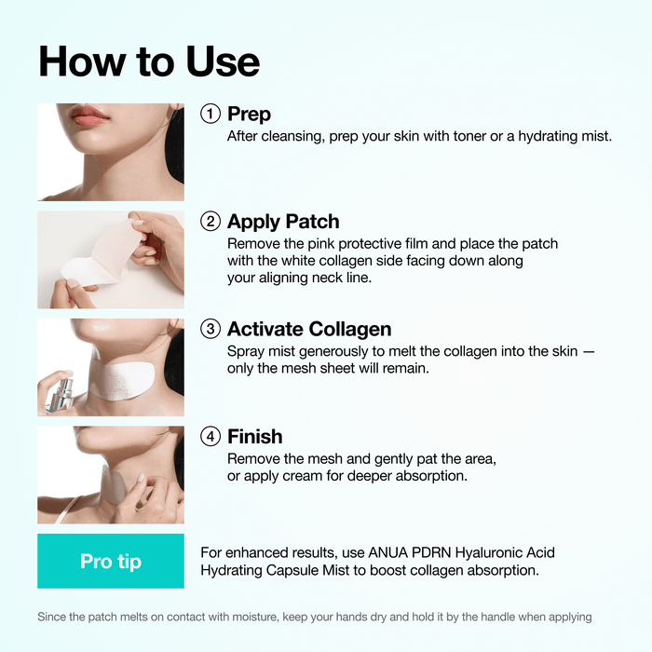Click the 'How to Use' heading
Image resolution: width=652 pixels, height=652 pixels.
[149, 61]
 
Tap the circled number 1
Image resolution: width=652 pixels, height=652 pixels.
[211, 114]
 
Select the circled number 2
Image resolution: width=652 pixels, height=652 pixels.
[211, 222]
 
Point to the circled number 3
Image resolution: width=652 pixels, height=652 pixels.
[211, 329]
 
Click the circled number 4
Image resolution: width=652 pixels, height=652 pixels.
[211, 436]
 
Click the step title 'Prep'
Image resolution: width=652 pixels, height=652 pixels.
[249, 115]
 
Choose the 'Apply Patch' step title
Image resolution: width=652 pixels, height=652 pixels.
[283, 222]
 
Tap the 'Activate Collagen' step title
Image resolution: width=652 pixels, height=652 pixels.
[309, 329]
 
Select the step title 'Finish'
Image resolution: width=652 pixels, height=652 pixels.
[254, 436]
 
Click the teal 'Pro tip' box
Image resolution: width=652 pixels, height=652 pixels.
[111, 561]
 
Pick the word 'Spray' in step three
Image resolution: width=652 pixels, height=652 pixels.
[247, 351]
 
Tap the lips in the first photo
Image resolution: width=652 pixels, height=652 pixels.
[90, 116]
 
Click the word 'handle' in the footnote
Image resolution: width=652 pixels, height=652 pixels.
[483, 617]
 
